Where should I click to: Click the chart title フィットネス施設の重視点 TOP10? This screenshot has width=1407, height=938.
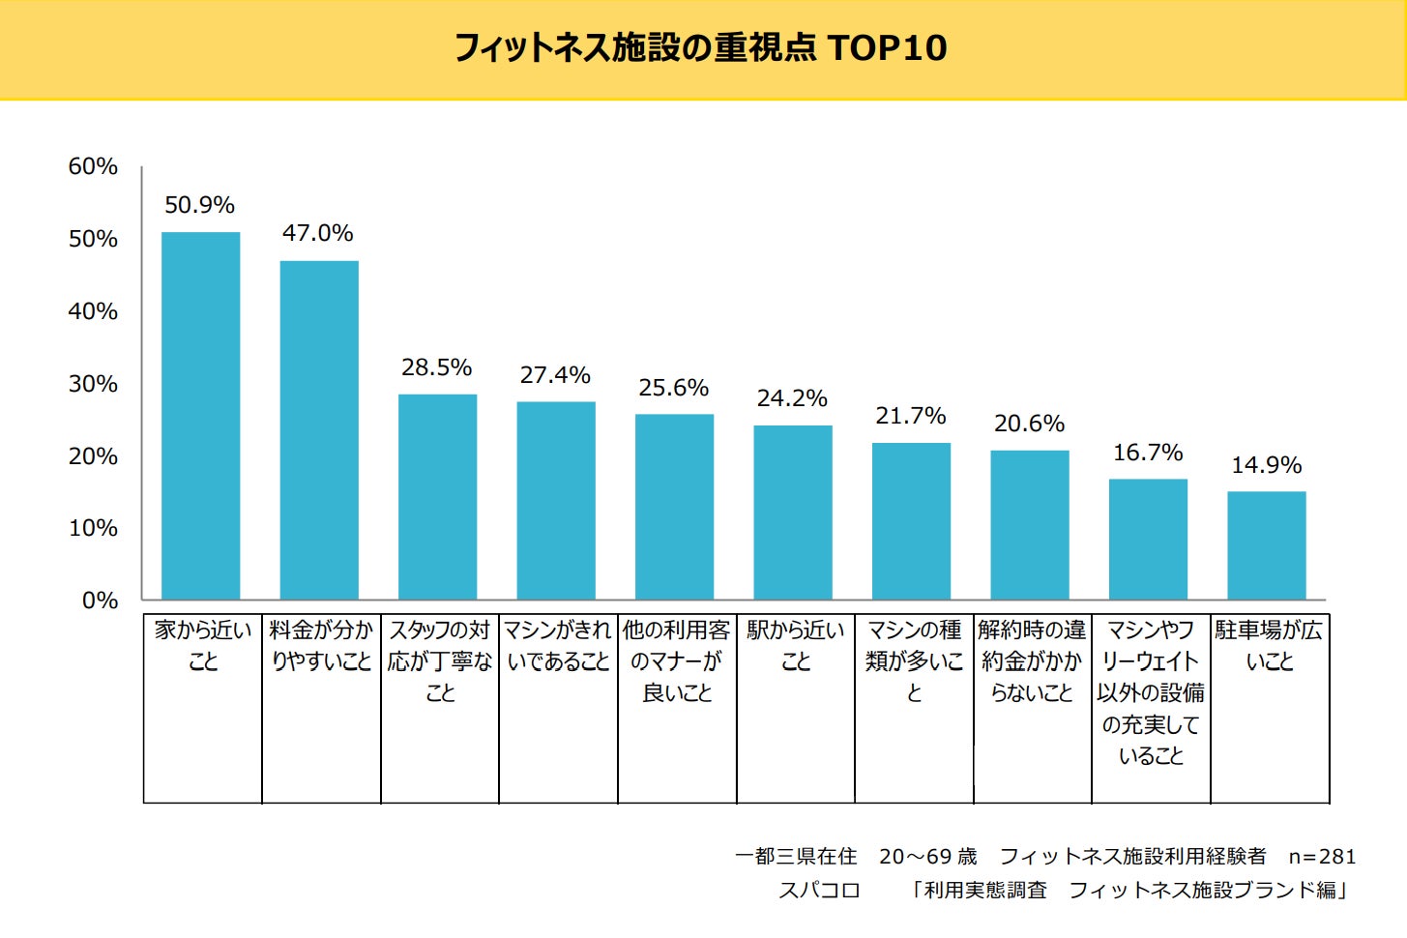(x=701, y=47)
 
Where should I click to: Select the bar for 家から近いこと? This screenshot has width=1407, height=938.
(x=200, y=416)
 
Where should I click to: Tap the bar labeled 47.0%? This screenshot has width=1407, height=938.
(x=319, y=430)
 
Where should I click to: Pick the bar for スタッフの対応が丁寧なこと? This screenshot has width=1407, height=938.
(x=437, y=497)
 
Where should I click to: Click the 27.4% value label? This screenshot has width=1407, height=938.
(x=555, y=375)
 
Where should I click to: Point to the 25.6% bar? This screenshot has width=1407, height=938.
(x=674, y=507)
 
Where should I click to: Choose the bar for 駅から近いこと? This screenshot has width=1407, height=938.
(x=793, y=513)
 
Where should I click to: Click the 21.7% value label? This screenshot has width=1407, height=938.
(x=911, y=416)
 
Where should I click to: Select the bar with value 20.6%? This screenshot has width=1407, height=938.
(x=1030, y=525)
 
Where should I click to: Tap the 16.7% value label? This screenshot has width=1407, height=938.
(x=1148, y=453)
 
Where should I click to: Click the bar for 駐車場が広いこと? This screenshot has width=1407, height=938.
(x=1267, y=545)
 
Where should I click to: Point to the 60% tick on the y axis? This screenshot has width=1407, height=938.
(x=93, y=166)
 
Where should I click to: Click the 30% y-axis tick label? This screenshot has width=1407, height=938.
(x=93, y=384)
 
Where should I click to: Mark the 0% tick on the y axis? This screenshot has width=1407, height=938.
(x=100, y=601)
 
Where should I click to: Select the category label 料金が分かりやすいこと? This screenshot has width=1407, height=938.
(x=321, y=646)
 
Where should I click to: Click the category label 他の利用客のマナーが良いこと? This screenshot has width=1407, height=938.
(x=677, y=661)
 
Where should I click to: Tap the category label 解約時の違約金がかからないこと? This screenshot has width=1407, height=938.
(x=1032, y=661)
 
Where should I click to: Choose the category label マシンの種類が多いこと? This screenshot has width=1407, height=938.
(x=914, y=661)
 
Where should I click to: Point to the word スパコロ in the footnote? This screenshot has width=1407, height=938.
(x=819, y=891)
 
